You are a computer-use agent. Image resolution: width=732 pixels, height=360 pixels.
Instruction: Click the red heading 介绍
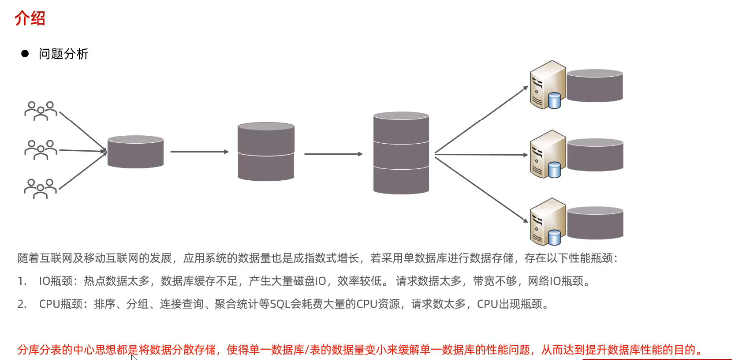click(x=30, y=19)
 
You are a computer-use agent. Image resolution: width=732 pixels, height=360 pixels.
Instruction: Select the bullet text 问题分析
click(x=63, y=54)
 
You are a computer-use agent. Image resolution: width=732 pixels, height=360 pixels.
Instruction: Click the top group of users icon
click(x=41, y=111)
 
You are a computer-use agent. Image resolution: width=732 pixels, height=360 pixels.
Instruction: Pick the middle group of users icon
click(x=41, y=150)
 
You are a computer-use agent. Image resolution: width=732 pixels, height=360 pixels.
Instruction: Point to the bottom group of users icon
click(x=41, y=188)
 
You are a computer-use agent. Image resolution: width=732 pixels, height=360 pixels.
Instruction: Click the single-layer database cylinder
click(x=136, y=151)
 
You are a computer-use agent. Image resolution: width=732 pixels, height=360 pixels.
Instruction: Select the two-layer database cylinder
click(x=266, y=151)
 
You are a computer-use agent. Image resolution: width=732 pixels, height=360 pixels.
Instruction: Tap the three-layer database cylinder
click(x=401, y=152)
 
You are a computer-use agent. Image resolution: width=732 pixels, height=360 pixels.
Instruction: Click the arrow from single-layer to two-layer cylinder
click(x=199, y=152)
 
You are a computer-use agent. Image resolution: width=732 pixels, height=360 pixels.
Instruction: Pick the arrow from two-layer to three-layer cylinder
click(x=333, y=154)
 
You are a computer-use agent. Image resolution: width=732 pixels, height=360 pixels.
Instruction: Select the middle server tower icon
click(x=547, y=153)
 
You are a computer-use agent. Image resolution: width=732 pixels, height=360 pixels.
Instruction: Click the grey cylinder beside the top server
click(x=595, y=86)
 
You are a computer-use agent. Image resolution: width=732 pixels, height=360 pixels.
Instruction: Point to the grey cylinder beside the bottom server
click(x=595, y=223)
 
